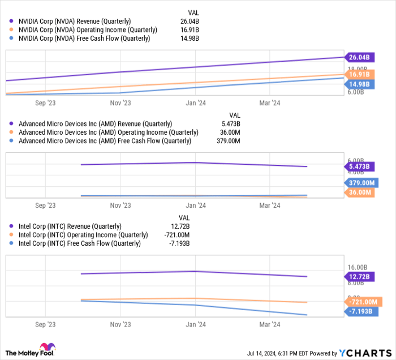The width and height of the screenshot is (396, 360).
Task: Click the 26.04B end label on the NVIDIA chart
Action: coord(360,57)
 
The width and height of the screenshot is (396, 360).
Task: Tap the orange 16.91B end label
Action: coord(360,74)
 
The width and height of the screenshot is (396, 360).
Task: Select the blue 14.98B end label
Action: coord(360,84)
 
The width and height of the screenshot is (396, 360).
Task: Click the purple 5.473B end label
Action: coord(360,167)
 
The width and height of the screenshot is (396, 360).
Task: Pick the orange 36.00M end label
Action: coord(360,192)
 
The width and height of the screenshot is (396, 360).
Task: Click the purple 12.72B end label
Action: coord(360,276)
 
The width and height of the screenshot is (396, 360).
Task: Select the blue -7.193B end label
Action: coord(360,312)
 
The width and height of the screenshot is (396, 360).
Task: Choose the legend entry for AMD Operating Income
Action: coord(108,132)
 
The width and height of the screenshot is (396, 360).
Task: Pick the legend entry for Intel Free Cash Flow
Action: coord(79,243)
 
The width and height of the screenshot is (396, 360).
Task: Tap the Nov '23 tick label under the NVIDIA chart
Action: coord(120,103)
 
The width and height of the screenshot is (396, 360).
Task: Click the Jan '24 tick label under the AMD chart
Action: coord(196,205)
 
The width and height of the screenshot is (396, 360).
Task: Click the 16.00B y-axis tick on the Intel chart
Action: coord(358,268)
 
